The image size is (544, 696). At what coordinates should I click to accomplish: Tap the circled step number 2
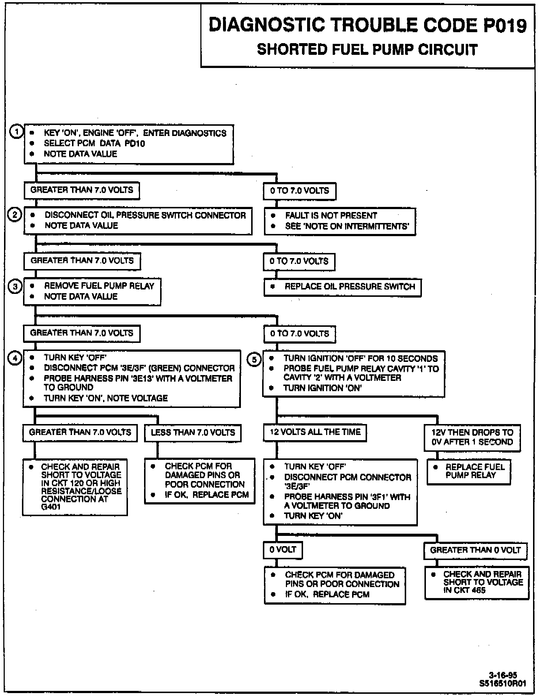point(15,215)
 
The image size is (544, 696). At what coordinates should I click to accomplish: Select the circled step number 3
point(15,286)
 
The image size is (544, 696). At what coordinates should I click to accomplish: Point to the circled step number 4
point(15,358)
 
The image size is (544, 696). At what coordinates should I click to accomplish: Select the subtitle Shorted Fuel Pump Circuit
point(367,49)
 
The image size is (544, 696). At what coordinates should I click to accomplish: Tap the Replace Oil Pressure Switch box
point(343,287)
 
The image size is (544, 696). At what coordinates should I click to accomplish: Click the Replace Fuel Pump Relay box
point(469,472)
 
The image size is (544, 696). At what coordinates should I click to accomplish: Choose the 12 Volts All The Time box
point(315,432)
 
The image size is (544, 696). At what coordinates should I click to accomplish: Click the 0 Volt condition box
point(283,550)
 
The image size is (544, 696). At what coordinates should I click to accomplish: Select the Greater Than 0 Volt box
point(475,550)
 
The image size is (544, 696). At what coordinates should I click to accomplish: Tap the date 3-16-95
point(503,675)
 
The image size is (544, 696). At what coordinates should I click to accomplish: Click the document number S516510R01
point(503,683)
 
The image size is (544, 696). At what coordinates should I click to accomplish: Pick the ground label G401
point(51,507)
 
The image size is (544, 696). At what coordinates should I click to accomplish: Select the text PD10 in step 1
point(135,144)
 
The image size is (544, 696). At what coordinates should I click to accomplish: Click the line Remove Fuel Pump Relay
point(99,286)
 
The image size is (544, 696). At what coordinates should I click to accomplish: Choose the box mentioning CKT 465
point(477,583)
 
